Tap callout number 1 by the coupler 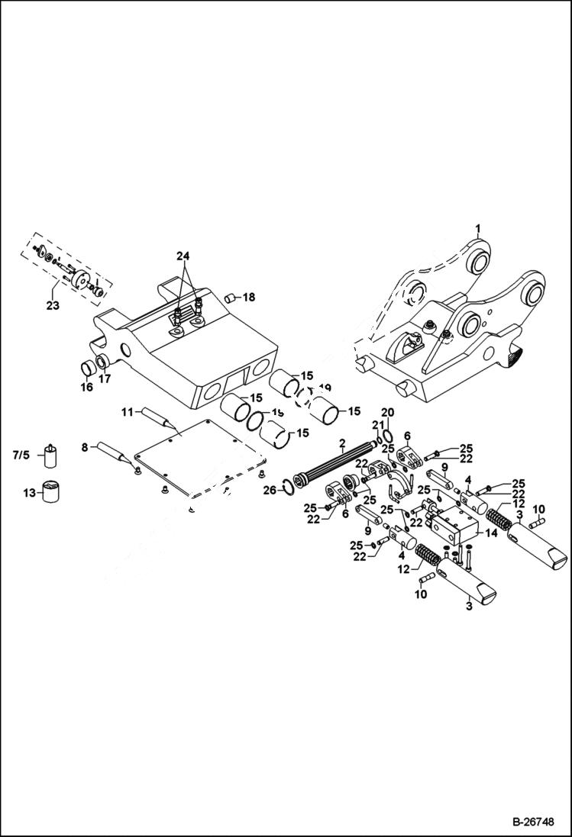click(x=478, y=228)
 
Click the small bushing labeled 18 click(x=228, y=296)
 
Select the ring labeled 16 click(x=89, y=370)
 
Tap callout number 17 click(x=105, y=378)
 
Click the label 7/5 click(x=21, y=456)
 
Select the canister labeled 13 click(x=52, y=491)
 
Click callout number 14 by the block click(x=491, y=533)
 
